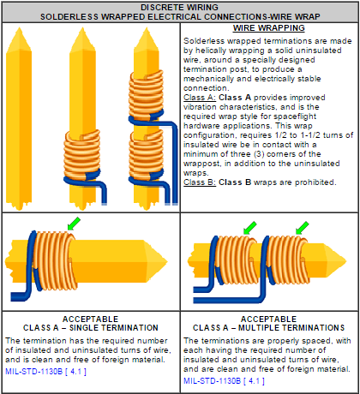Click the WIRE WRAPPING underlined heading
269,28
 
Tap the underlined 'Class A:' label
200,98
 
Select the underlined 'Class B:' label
200,182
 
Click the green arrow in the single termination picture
74,224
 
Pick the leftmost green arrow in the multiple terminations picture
249,228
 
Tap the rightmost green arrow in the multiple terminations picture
303,228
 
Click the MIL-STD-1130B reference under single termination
45,372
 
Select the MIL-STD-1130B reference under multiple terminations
224,381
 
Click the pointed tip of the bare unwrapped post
19,27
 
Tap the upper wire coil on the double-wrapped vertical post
147,95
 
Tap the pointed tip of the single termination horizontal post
167,261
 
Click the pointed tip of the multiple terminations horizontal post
346,260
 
